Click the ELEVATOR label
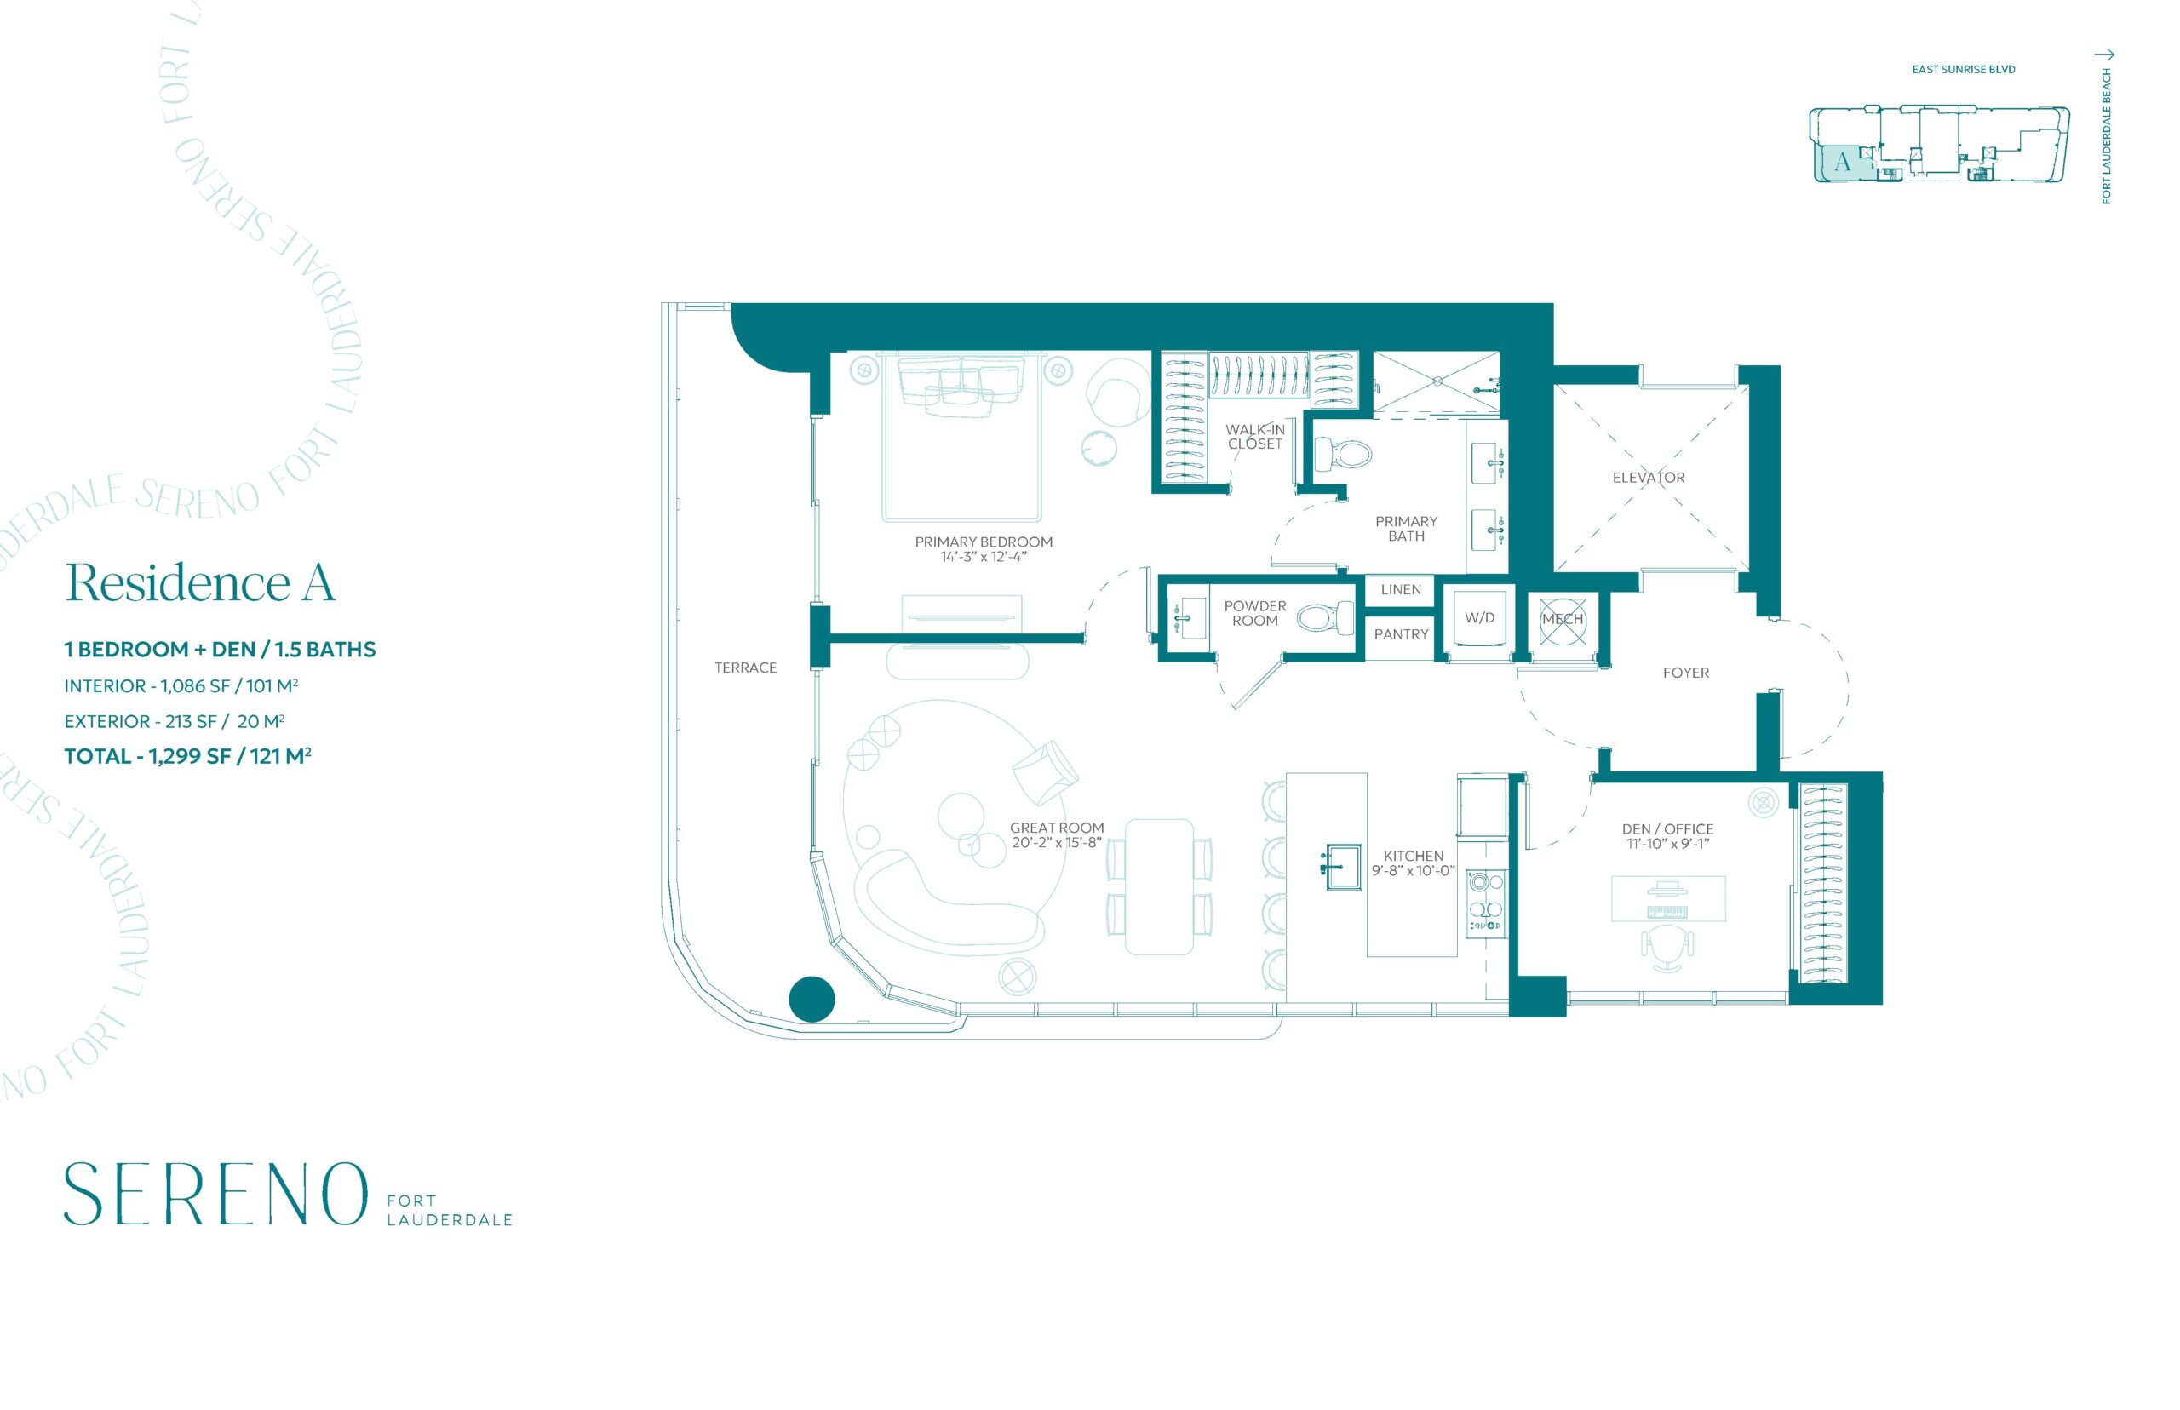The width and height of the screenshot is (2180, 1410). (1648, 477)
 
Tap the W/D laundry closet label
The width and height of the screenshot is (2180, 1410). (1479, 618)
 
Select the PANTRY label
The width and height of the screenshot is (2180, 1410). (1401, 633)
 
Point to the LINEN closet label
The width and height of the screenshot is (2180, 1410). (1401, 590)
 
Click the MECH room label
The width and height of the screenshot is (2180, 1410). (1562, 619)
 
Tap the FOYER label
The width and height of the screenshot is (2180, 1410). (1685, 673)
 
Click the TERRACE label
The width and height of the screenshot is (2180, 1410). (745, 668)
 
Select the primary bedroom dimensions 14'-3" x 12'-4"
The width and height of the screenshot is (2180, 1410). (984, 557)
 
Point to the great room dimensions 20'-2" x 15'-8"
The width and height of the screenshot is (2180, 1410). (1056, 842)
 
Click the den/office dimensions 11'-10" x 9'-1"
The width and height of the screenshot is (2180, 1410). (1667, 843)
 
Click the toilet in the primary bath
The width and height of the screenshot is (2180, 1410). (1342, 452)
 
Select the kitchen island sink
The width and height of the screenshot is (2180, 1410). (1340, 866)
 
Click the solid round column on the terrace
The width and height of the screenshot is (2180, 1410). (812, 999)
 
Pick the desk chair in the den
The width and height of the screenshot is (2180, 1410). (1667, 949)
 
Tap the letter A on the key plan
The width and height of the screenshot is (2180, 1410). (1841, 163)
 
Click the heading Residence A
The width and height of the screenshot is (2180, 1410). (200, 582)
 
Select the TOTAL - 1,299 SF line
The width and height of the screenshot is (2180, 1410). (187, 756)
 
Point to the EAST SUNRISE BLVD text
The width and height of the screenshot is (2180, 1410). (1963, 70)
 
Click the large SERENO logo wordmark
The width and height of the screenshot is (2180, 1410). (215, 1194)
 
